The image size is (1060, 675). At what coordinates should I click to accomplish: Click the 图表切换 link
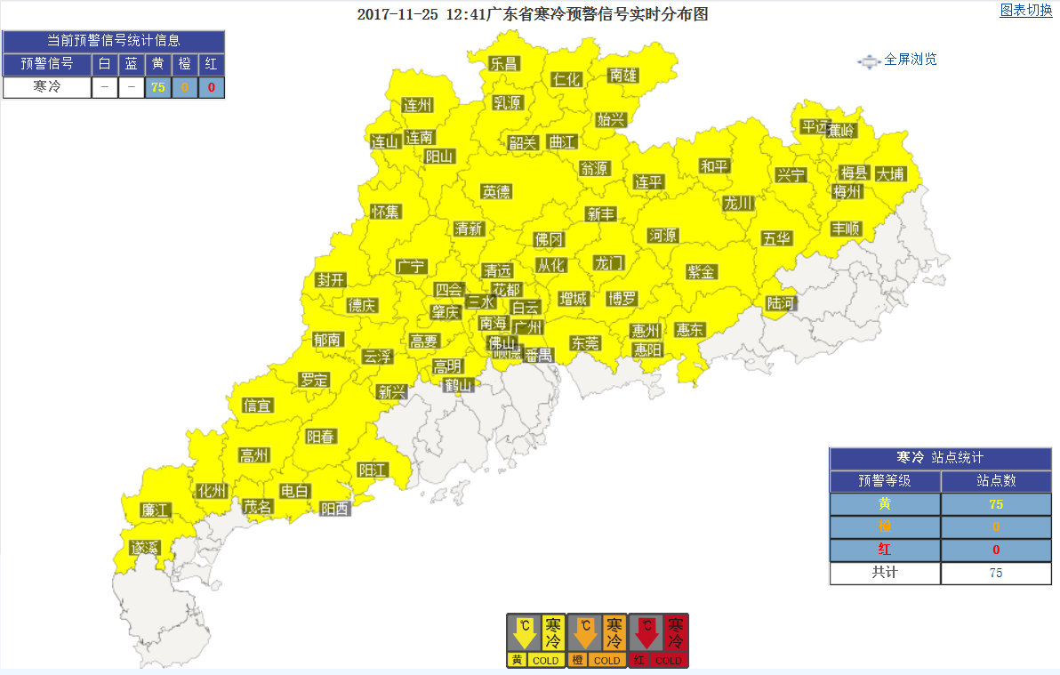(1025, 11)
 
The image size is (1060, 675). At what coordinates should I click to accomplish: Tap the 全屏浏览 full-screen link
(910, 60)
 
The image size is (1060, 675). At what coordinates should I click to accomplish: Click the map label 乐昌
(503, 63)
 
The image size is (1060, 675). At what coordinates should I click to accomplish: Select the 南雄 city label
(623, 76)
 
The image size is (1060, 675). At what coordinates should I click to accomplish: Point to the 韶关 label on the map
(523, 142)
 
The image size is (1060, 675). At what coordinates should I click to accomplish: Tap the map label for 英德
(496, 191)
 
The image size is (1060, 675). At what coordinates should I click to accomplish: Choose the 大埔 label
(889, 173)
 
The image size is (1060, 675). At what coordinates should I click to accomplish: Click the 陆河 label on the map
(782, 303)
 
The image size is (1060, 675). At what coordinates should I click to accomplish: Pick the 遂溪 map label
(143, 547)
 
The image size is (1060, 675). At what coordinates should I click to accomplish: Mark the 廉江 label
(155, 510)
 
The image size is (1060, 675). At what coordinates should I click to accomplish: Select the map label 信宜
(258, 406)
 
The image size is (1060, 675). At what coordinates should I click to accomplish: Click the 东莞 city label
(585, 343)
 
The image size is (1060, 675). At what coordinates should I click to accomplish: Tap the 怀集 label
(386, 212)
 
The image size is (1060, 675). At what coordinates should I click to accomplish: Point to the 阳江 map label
(373, 470)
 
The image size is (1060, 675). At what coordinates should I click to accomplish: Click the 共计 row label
(885, 573)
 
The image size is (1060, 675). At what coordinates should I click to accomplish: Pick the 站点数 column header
(996, 481)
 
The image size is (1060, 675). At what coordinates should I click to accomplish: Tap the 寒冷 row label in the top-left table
(46, 87)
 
